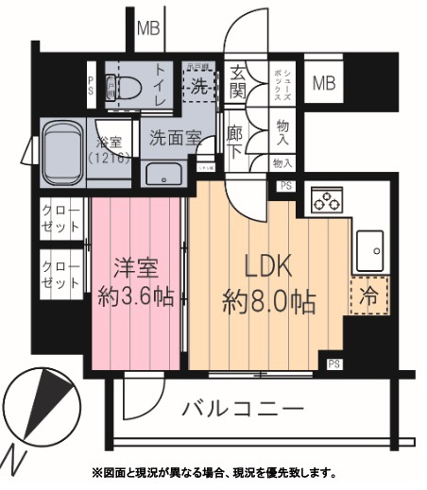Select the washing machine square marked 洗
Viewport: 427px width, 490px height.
point(200,84)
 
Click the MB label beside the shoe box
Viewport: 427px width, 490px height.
point(324,83)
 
